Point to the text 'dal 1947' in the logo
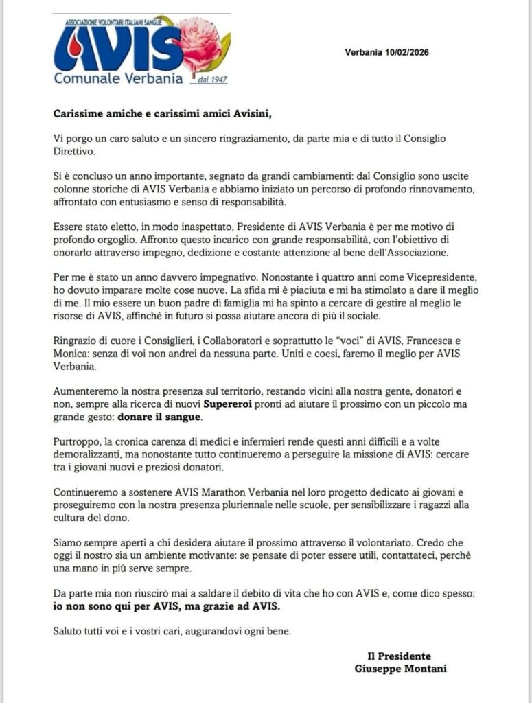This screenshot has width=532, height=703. [x=211, y=80]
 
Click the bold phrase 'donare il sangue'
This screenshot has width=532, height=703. [x=160, y=417]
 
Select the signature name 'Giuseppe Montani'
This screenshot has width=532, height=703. [x=400, y=668]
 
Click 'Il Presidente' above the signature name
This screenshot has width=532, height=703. [x=400, y=656]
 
